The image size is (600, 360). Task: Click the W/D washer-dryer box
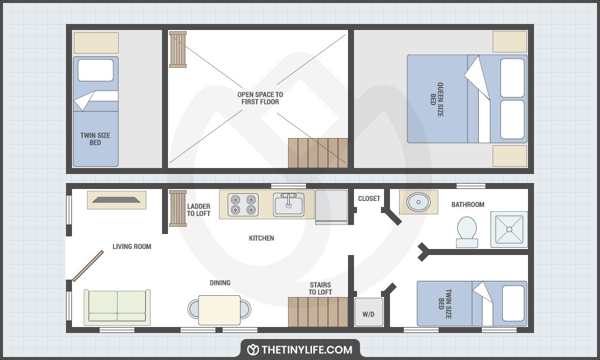pos(368,313)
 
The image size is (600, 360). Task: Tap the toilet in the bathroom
pos(467,232)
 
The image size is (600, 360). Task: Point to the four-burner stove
pos(242,204)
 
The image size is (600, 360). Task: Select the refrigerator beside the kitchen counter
pos(331,206)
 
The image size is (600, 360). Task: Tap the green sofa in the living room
pos(117,307)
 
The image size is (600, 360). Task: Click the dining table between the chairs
pos(219,310)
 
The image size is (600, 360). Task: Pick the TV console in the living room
pos(117,200)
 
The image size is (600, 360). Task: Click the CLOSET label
pos(369,199)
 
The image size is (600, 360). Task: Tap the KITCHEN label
pos(262,238)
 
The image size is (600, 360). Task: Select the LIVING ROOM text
pos(132,247)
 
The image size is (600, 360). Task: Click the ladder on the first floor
pos(178,208)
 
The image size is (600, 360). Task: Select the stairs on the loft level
pos(318,152)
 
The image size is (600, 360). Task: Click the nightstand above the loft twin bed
pos(96,43)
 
